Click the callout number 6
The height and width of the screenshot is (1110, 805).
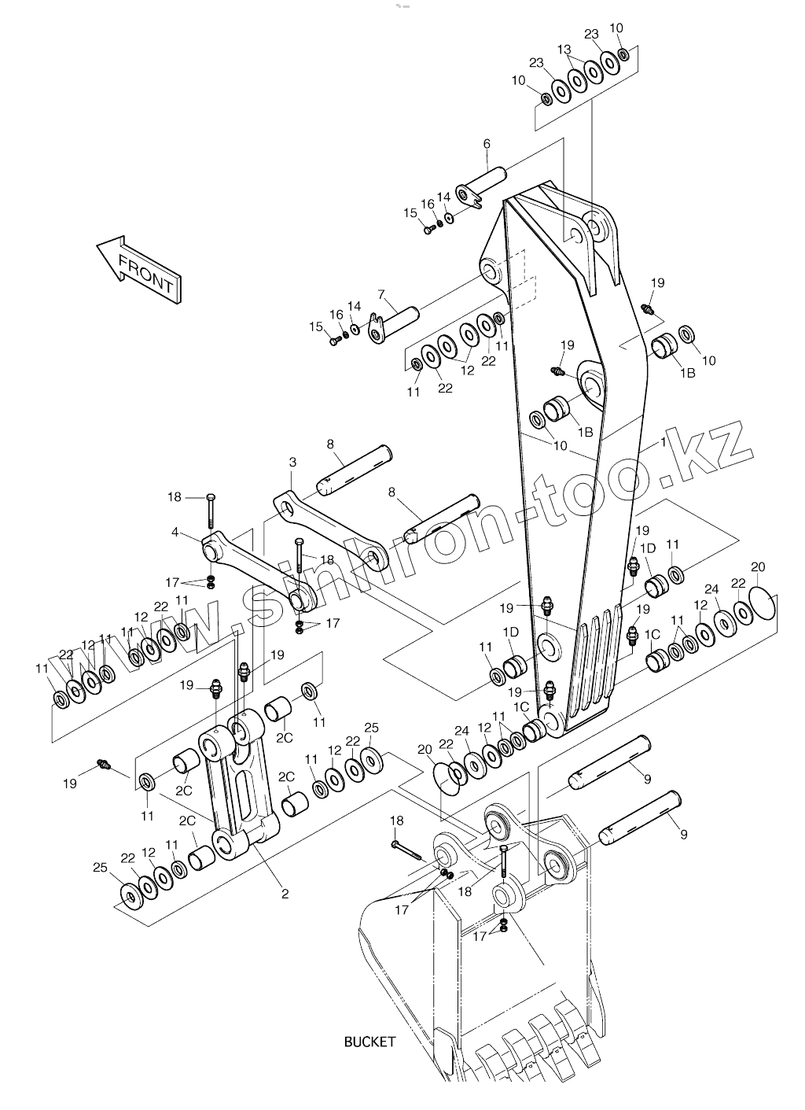[x=487, y=144]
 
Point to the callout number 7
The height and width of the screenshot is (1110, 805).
[x=381, y=295]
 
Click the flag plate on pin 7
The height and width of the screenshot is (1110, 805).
[x=377, y=328]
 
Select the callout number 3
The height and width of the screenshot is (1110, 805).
[x=292, y=461]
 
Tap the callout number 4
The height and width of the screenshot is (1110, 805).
[x=175, y=533]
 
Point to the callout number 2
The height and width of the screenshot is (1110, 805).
[x=285, y=894]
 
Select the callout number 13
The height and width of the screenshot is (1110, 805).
[x=564, y=50]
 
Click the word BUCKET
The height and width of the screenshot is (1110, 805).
[x=369, y=1042]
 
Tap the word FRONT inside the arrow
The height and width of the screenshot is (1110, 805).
[x=145, y=271]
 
